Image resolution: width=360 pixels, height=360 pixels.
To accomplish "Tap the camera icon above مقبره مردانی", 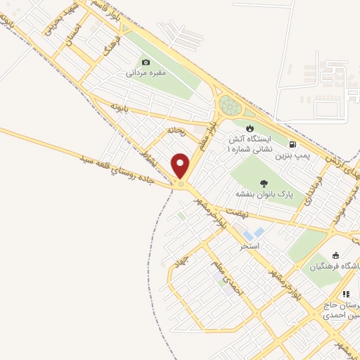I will pos(146,62).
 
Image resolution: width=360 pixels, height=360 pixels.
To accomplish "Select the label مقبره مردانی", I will pos(146,72).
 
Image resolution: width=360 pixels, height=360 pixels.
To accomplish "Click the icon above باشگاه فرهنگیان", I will pos(335,255).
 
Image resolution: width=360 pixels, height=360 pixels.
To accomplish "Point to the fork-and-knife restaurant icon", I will pos(345,294).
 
